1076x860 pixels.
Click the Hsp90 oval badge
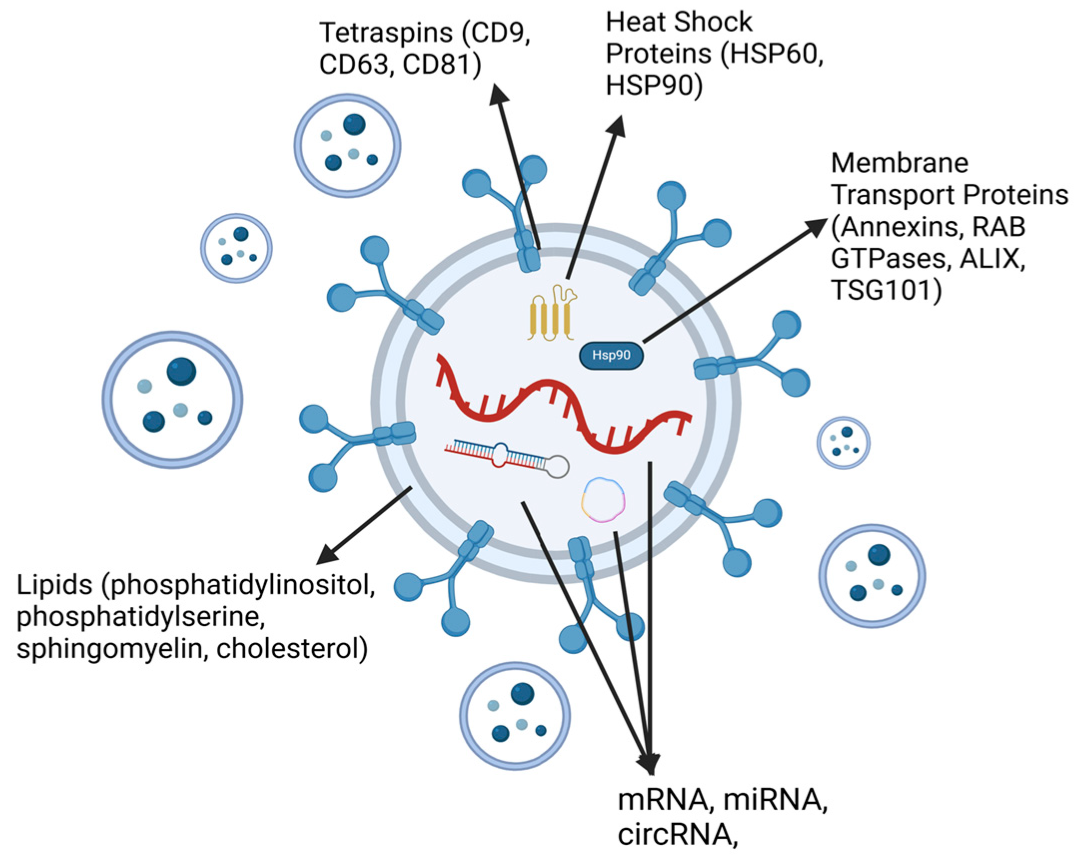click(610, 356)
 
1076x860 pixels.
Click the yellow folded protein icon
click(551, 315)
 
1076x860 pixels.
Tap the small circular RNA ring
click(603, 500)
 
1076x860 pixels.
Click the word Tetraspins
click(386, 33)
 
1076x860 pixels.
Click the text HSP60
click(773, 54)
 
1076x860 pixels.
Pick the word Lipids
click(54, 584)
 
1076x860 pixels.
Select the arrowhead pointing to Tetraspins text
click(498, 95)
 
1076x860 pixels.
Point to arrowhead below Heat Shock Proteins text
click(617, 125)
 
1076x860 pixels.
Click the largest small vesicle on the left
click(173, 400)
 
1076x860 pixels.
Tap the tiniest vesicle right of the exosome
click(843, 442)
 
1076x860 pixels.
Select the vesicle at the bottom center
click(515, 716)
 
